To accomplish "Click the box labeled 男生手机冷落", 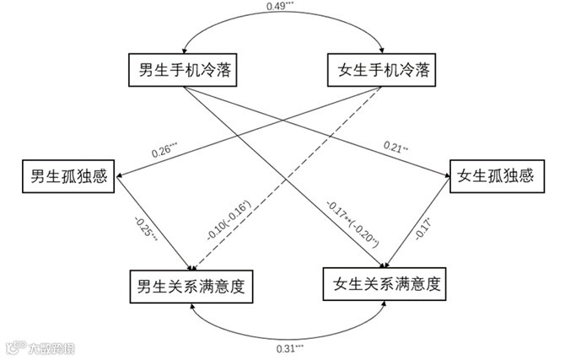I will click(180, 70).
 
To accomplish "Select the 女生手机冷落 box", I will click(382, 70).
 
